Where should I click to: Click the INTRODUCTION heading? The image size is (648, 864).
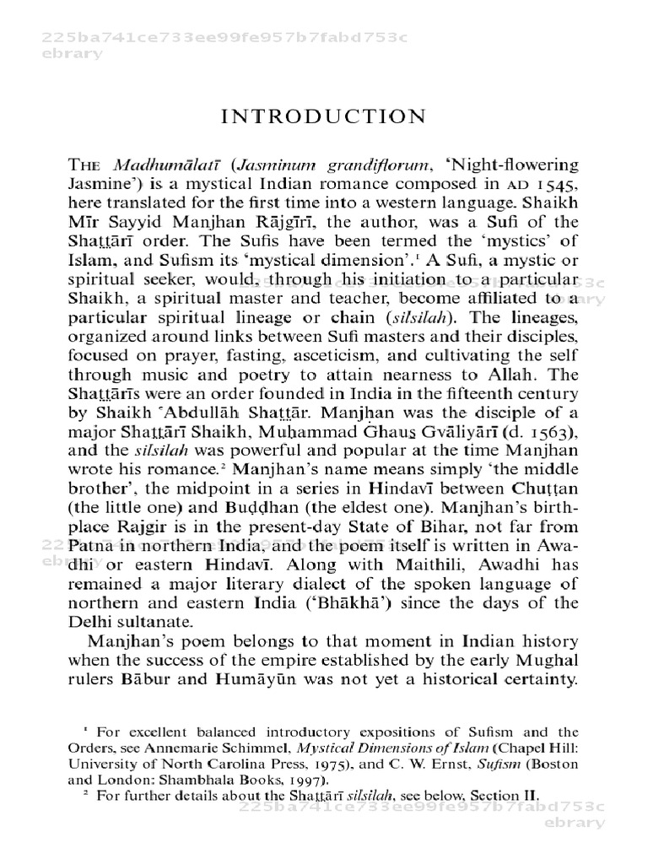pos(324,116)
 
